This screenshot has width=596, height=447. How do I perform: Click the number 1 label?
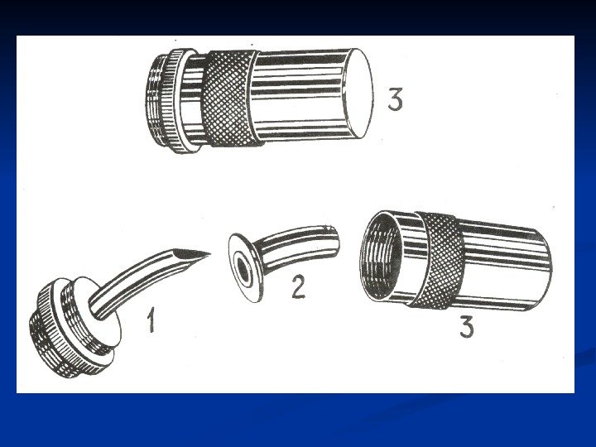pyautogui.click(x=151, y=320)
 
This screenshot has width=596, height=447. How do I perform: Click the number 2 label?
pyautogui.click(x=298, y=286)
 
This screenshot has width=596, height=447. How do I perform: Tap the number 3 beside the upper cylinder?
pyautogui.click(x=396, y=99)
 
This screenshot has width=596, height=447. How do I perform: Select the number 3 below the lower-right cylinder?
pyautogui.click(x=467, y=326)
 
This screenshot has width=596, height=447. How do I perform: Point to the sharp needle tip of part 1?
pyautogui.click(x=209, y=253)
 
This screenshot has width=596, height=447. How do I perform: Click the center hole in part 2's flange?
pyautogui.click(x=242, y=268)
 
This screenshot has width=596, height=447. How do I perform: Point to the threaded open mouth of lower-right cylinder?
pyautogui.click(x=379, y=256)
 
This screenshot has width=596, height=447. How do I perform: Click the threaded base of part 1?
pyautogui.click(x=57, y=334)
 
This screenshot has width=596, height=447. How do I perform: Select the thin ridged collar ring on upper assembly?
pyautogui.click(x=178, y=101)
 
